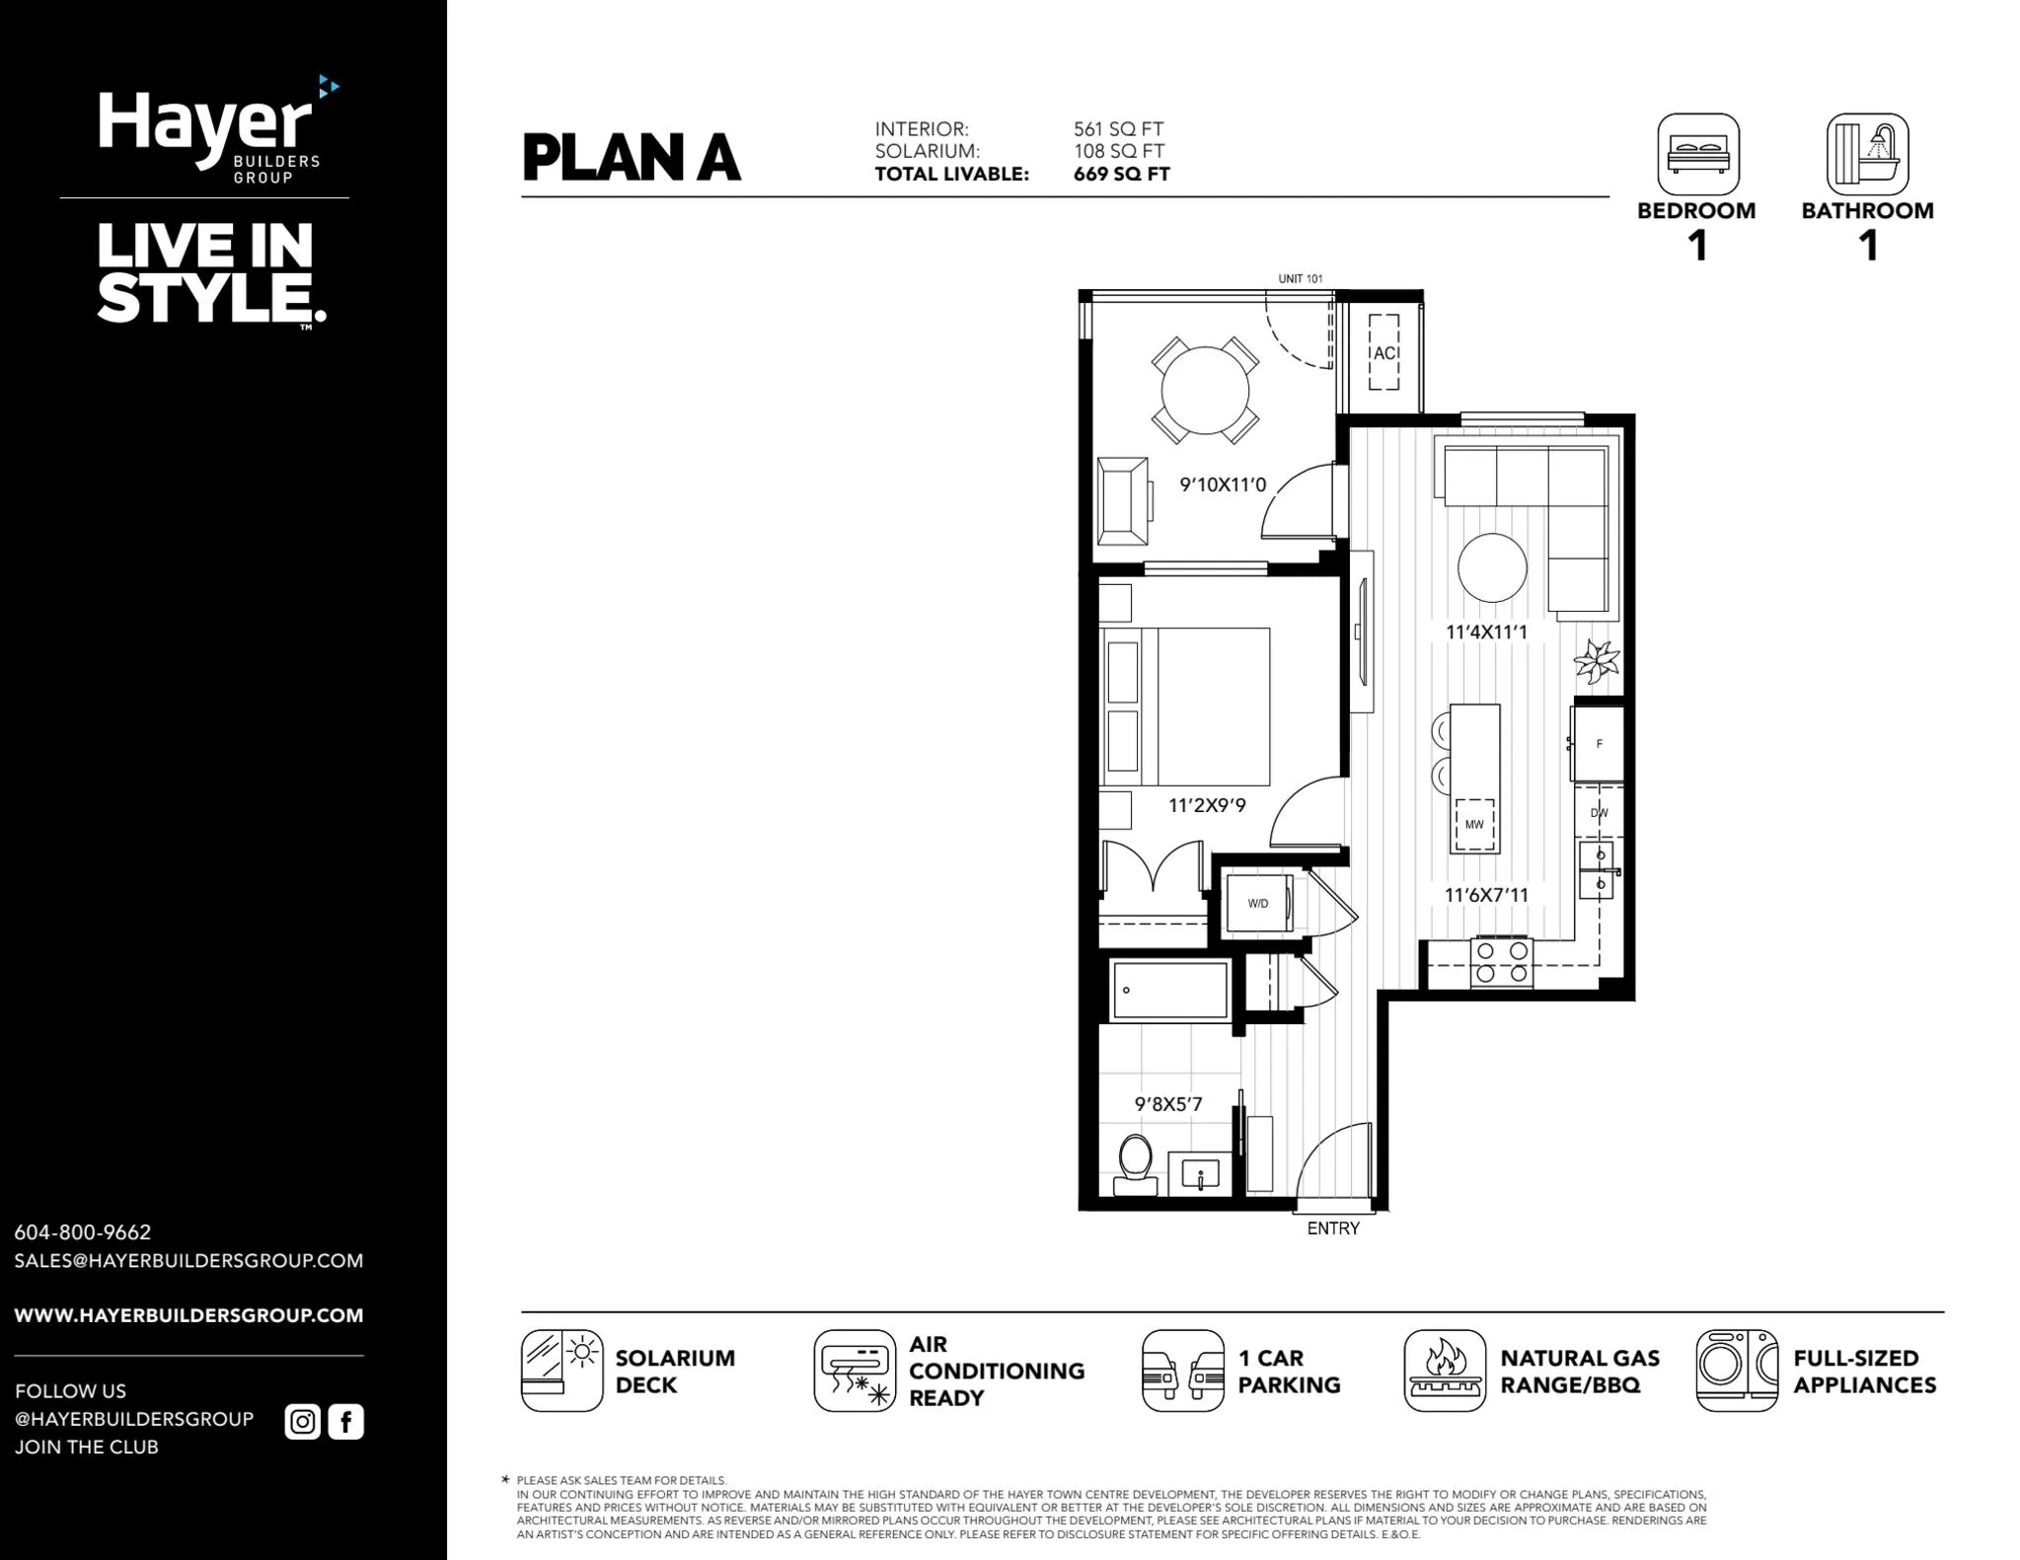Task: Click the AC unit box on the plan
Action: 1384,352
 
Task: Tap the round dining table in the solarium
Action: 1205,391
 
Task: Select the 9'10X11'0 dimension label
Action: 1223,484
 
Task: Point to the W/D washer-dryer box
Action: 1258,903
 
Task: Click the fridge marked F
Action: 1599,743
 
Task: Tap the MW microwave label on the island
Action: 1474,824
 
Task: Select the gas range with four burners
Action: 1502,962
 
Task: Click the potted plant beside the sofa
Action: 1596,660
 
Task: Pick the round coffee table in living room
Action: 1492,567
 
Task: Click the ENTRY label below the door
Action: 1333,1228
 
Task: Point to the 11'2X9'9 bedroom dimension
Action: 1207,805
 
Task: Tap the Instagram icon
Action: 303,1422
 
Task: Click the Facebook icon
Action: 346,1422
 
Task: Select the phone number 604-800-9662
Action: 83,1232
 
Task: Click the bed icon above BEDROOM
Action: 1697,154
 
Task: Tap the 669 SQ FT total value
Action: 1122,175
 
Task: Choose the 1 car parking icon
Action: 1183,1371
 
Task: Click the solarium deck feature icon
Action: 562,1371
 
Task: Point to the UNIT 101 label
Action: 1301,279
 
